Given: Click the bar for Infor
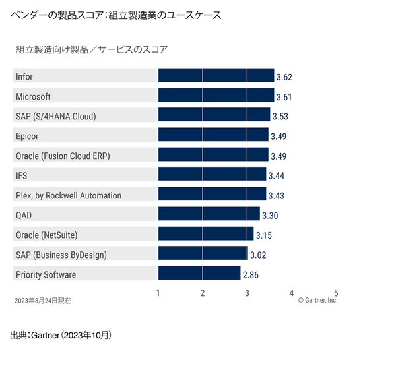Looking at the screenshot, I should pyautogui.click(x=216, y=75).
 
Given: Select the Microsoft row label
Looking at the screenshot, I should pyautogui.click(x=33, y=96).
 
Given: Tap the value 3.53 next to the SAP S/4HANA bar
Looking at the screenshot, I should pyautogui.click(x=280, y=117).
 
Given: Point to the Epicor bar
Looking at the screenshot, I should pyautogui.click(x=213, y=135).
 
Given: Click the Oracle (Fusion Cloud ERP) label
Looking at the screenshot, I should pyautogui.click(x=62, y=156).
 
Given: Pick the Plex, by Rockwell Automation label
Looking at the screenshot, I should pyautogui.click(x=68, y=195).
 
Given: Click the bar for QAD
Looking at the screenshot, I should pyautogui.click(x=209, y=214).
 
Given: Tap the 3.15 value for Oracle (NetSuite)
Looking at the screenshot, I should pyautogui.click(x=264, y=235).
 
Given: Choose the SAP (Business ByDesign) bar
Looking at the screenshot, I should pyautogui.click(x=203, y=254).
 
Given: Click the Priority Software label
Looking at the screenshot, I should pyautogui.click(x=46, y=274).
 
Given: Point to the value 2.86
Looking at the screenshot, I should pyautogui.click(x=251, y=275).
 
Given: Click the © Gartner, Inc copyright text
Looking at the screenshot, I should pyautogui.click(x=317, y=300).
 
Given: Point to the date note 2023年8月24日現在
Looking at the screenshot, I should pyautogui.click(x=43, y=300).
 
